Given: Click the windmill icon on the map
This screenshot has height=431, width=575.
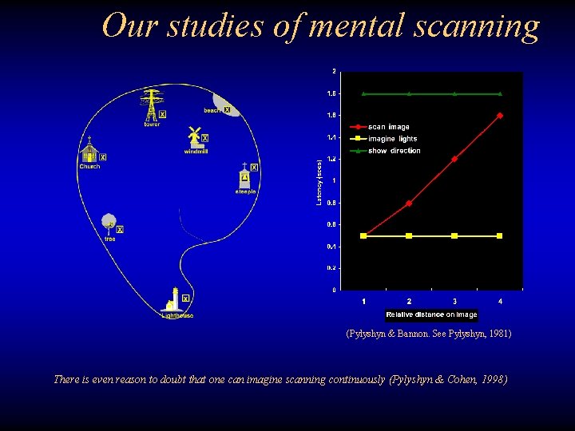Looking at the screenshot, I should click(x=194, y=137).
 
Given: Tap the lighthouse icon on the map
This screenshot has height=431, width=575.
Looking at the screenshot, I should click(x=172, y=300).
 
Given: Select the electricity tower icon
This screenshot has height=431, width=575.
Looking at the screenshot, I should click(x=151, y=105).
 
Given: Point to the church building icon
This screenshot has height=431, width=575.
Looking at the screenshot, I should click(x=89, y=152).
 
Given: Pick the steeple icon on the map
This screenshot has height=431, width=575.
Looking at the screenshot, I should click(x=244, y=176).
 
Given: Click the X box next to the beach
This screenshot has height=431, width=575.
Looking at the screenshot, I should click(x=228, y=109).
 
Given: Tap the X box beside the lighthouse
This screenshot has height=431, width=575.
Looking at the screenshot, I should click(x=185, y=299).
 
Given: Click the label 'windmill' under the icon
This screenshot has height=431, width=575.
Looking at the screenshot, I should click(x=196, y=151).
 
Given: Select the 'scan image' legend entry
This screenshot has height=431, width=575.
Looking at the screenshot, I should click(x=388, y=127).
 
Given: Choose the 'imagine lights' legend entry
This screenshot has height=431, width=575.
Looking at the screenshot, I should click(x=392, y=139).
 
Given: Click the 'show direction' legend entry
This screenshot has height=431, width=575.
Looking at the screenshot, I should click(x=394, y=151).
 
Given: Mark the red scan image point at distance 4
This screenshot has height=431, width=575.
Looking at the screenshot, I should click(x=500, y=115).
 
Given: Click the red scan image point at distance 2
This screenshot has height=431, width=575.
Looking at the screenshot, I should click(x=409, y=204).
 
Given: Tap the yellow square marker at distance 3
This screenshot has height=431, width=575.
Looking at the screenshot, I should click(x=454, y=235).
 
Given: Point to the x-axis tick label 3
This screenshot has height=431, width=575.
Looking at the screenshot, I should click(x=454, y=301).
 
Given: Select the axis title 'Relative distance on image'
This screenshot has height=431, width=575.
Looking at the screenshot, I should click(x=431, y=314).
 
